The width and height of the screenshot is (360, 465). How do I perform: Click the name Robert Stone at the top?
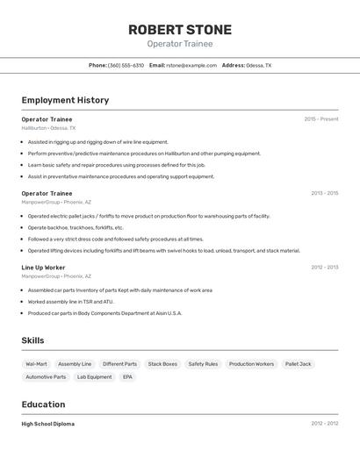click(x=180, y=30)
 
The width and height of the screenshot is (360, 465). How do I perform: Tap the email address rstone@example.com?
click(x=191, y=65)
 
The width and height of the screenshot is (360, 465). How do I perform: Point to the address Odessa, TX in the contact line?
click(x=258, y=65)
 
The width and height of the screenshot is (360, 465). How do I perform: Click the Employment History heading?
click(x=65, y=100)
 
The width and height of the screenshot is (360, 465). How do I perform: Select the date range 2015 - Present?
click(x=320, y=119)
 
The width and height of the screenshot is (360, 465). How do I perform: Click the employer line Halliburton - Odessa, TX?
click(x=48, y=128)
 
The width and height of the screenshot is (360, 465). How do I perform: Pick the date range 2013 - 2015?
click(x=324, y=193)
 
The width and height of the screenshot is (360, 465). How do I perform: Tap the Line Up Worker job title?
click(x=43, y=267)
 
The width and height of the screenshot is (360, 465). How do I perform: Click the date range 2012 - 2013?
click(x=324, y=267)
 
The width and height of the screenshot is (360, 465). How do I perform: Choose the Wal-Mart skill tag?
click(x=36, y=364)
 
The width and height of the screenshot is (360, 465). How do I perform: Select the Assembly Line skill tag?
click(x=75, y=364)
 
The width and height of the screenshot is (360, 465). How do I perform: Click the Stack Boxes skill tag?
click(x=162, y=364)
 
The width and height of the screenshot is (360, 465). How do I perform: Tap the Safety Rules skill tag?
click(x=203, y=364)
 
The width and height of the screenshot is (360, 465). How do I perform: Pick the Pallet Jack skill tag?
click(x=298, y=364)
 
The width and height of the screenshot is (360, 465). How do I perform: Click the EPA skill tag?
click(x=127, y=377)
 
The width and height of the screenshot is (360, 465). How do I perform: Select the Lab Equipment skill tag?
click(x=94, y=377)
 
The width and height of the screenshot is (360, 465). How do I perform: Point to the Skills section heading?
click(x=33, y=340)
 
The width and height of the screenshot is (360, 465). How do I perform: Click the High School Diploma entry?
click(x=47, y=424)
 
